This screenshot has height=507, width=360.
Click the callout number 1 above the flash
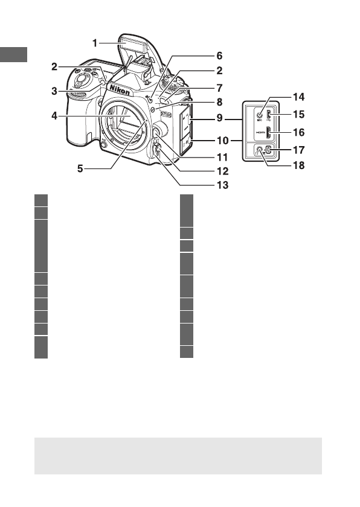tap(95, 42)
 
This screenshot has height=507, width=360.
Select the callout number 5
tap(80, 170)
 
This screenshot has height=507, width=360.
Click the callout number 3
tap(54, 92)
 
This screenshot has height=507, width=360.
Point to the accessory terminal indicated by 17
tap(269, 152)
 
